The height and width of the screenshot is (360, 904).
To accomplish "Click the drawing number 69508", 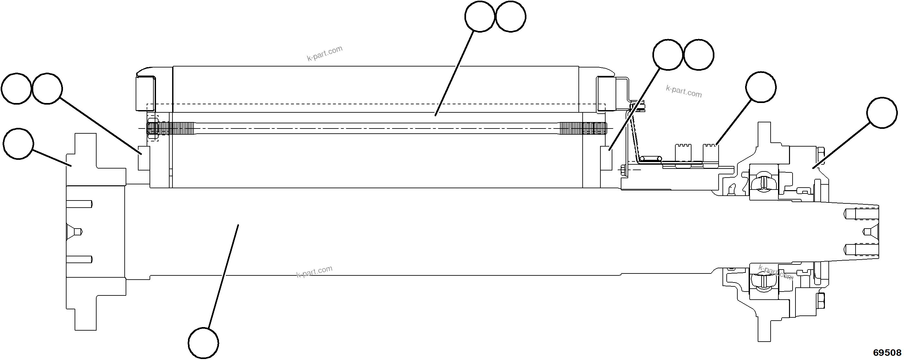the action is (887, 352).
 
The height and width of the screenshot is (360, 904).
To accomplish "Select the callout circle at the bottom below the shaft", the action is (203, 343).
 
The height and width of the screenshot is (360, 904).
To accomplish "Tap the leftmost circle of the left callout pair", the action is (16, 88).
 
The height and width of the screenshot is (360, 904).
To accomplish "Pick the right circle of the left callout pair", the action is (47, 88).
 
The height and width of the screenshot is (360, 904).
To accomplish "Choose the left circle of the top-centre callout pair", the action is (480, 16).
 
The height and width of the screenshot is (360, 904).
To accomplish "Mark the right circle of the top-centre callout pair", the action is (511, 16).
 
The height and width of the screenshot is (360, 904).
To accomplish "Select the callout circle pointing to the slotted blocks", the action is (761, 87).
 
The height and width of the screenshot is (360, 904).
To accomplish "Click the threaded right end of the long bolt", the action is (583, 129).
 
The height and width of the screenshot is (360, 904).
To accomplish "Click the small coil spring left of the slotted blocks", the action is (649, 159).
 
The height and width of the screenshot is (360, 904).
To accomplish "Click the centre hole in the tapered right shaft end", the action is (870, 231).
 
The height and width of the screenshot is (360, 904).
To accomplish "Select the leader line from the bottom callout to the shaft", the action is (223, 277).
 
